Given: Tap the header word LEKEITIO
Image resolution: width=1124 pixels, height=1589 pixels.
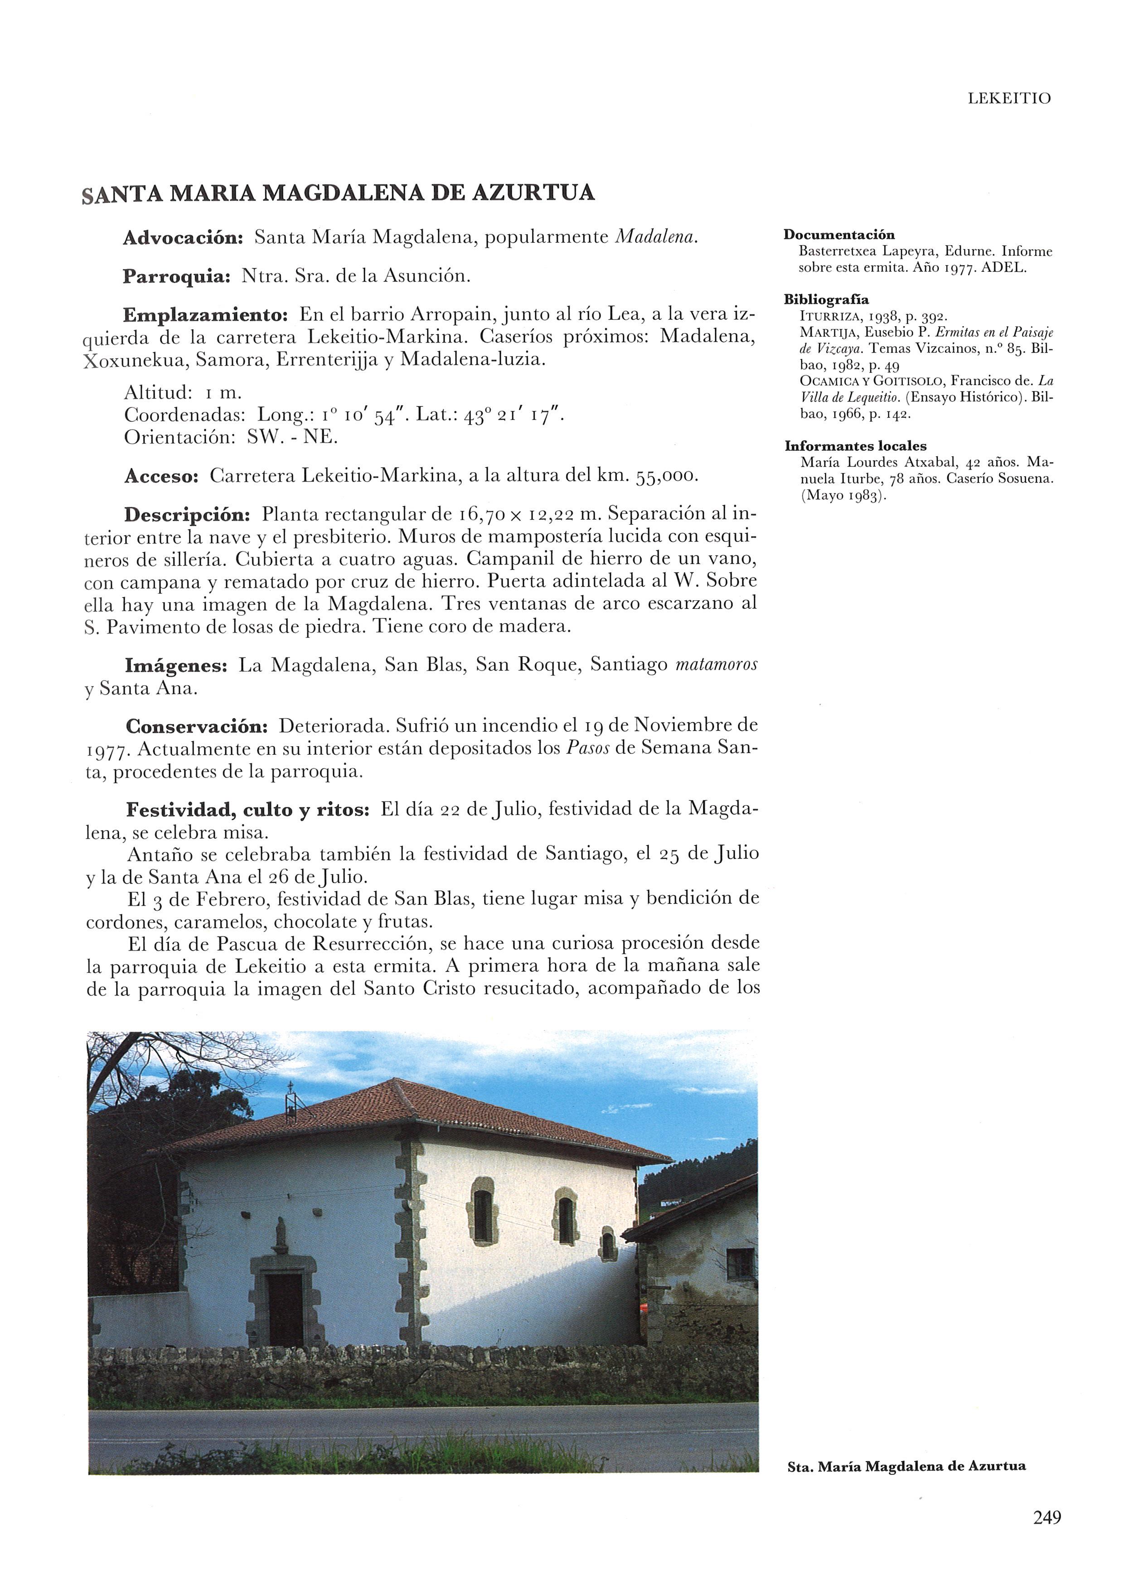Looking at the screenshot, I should point(1010,98).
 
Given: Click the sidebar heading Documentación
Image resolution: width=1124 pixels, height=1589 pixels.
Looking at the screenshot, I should point(839,235).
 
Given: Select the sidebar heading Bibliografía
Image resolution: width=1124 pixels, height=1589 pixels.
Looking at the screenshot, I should point(826,299).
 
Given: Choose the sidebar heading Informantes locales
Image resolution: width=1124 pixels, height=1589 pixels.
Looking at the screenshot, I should point(855,446).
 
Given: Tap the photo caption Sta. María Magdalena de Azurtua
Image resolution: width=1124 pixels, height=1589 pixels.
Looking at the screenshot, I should point(906,1466).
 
